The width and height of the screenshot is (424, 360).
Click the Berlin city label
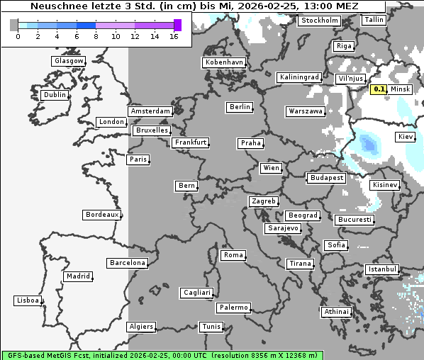pos(240,107)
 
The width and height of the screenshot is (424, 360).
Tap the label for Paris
pos(138,159)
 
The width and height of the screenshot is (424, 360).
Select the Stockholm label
pos(319,21)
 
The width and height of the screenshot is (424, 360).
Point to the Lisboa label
pos(28,300)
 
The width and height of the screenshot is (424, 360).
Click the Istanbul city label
pos(382,269)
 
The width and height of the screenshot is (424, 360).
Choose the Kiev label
pos(406,136)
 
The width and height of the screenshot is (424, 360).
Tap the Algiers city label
pos(140,327)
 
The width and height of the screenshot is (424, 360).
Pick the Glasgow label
pos(69,61)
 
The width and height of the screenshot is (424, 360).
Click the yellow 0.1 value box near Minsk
pos(379,89)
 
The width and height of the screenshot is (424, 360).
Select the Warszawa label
pos(306,111)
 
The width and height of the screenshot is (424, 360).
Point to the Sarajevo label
pos(283,228)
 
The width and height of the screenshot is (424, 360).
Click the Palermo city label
pos(233,308)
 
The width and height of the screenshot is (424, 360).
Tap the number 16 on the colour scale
pos(174,36)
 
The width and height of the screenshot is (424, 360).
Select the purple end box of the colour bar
pos(177,25)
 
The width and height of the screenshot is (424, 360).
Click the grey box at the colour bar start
pos(14,25)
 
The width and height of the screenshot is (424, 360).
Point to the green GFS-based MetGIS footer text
pos(162,355)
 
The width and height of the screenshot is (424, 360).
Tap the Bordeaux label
pos(102,215)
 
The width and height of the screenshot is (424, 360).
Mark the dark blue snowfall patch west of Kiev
pos(369,145)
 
